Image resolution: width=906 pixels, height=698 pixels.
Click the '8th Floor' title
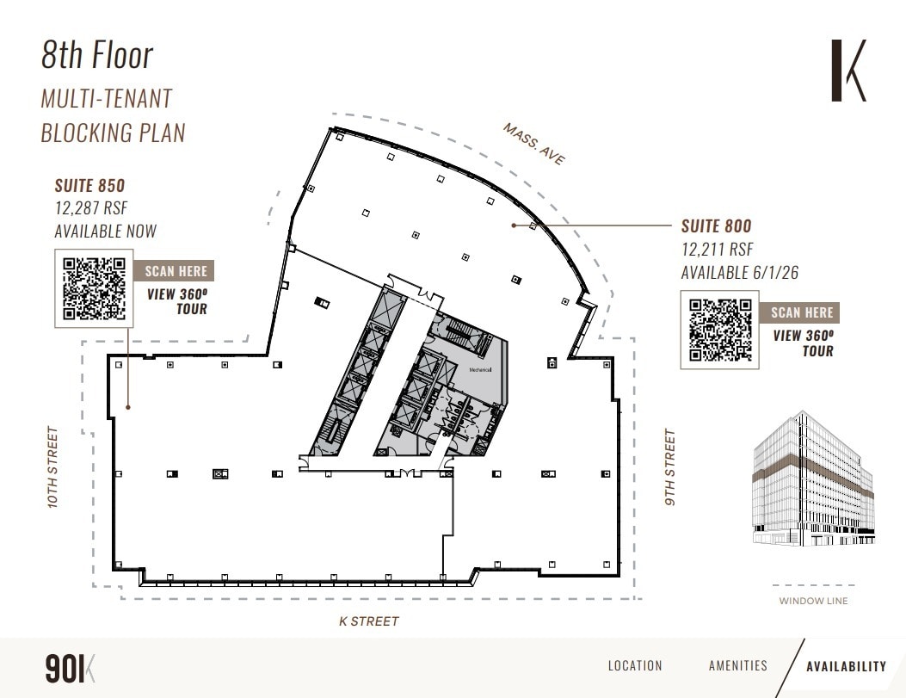coord(97,56)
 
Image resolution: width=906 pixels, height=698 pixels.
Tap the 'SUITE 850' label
coord(89,186)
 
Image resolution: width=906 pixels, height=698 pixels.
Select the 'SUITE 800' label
coord(716,227)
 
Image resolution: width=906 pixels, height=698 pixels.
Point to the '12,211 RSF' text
coord(717,250)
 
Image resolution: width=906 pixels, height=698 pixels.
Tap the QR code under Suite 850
coord(95,288)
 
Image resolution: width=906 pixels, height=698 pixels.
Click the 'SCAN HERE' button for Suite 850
coord(176,271)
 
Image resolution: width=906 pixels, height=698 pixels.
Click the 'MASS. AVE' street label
coord(534,144)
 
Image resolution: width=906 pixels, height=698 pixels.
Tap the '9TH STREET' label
coord(670,467)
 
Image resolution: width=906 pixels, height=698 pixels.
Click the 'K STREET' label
coord(369,621)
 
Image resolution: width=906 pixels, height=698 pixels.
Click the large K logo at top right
coord(847,70)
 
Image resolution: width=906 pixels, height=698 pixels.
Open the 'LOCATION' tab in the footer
coord(635,665)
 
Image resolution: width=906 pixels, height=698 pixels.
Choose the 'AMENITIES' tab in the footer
coord(737,665)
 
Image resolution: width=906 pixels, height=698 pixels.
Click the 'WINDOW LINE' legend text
coord(813,601)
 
